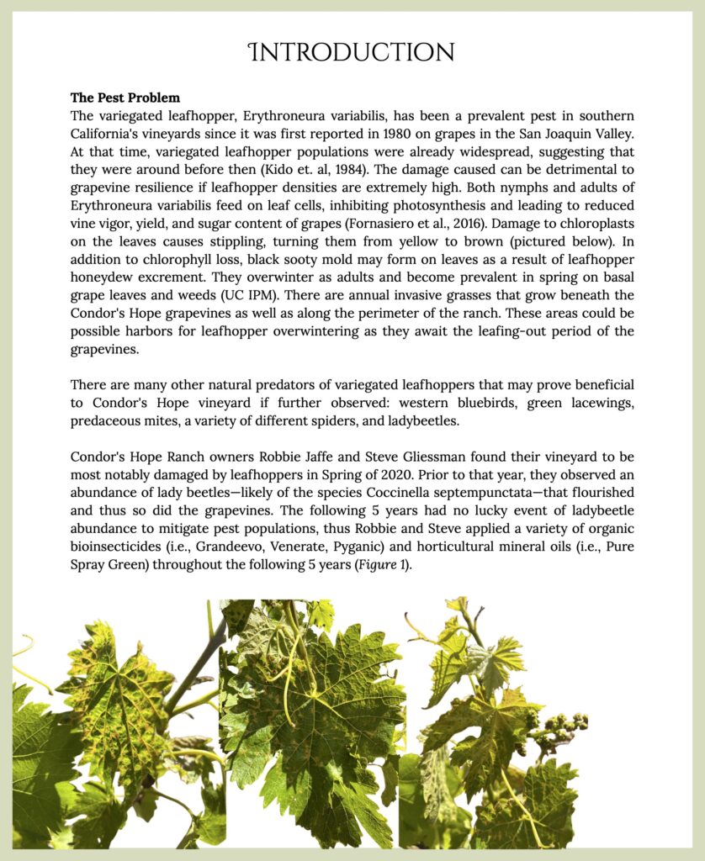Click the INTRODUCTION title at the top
(x=352, y=53)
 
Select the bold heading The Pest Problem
(x=125, y=98)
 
